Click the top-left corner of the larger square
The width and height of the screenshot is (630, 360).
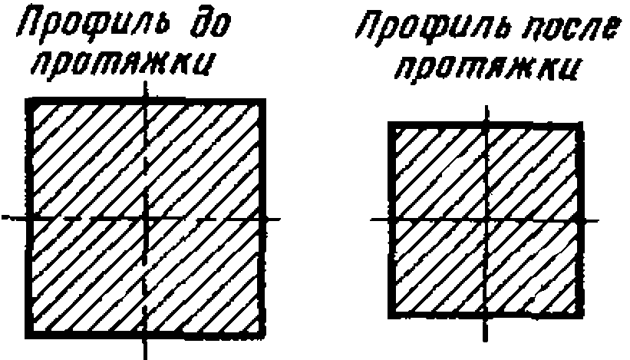29,101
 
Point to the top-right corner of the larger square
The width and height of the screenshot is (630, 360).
264,101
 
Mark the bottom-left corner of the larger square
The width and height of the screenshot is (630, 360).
29,335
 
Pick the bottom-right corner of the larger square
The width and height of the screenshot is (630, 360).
264,335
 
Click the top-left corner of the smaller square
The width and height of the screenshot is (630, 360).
391,124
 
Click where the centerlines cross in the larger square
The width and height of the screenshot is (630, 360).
146,219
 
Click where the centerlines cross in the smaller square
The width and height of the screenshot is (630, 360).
484,220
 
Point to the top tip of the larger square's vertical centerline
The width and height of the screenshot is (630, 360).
146,79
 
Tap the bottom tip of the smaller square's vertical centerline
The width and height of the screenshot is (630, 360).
484,340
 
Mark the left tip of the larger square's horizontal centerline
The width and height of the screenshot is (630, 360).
5,219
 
